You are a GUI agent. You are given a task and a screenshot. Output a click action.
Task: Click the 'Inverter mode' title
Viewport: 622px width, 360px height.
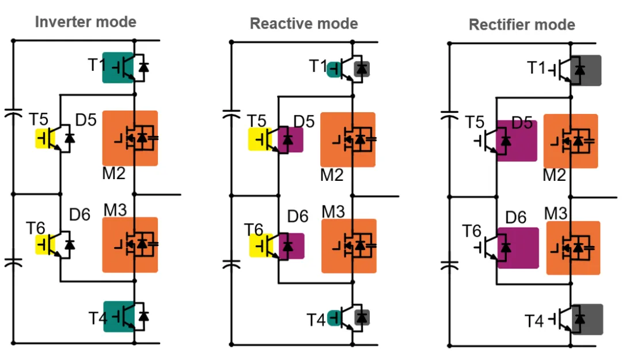(x=86, y=22)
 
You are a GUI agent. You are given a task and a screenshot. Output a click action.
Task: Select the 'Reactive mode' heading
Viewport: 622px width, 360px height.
(x=304, y=24)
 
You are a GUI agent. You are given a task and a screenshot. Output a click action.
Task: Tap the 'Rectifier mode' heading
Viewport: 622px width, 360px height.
(x=522, y=25)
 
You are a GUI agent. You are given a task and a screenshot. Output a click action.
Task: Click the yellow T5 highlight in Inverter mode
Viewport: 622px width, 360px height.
(x=42, y=139)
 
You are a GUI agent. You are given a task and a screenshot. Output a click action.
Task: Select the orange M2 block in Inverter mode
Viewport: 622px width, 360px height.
(x=130, y=138)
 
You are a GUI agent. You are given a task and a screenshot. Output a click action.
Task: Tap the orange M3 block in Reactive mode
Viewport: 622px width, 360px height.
(x=348, y=246)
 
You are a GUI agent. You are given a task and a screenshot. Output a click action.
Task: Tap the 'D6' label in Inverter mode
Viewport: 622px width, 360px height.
(x=80, y=215)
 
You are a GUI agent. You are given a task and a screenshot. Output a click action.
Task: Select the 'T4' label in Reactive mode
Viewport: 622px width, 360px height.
(x=316, y=319)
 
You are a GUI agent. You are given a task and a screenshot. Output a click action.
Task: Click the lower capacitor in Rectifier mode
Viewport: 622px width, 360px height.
(x=449, y=266)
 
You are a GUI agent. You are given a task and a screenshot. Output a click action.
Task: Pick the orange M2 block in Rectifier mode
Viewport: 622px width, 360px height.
(x=570, y=141)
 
